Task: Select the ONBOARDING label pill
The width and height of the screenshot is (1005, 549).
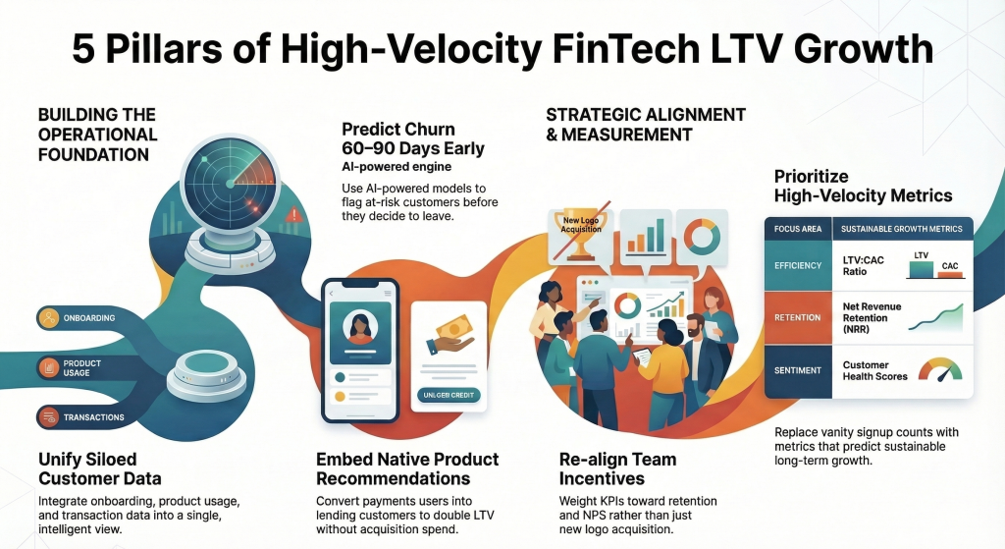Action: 84,317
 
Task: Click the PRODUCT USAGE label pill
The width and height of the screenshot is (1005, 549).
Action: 84,368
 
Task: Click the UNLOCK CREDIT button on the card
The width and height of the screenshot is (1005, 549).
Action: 450,395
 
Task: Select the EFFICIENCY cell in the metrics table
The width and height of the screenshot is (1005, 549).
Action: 797,265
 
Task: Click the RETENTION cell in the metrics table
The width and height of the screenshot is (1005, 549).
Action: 797,317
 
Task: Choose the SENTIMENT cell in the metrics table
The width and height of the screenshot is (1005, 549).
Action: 797,370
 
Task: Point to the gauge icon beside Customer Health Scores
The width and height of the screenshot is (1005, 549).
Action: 939,369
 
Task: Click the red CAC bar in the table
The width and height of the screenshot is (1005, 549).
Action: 949,273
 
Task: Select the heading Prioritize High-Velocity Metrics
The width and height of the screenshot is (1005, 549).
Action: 863,186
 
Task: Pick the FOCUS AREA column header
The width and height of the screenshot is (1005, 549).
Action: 796,230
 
